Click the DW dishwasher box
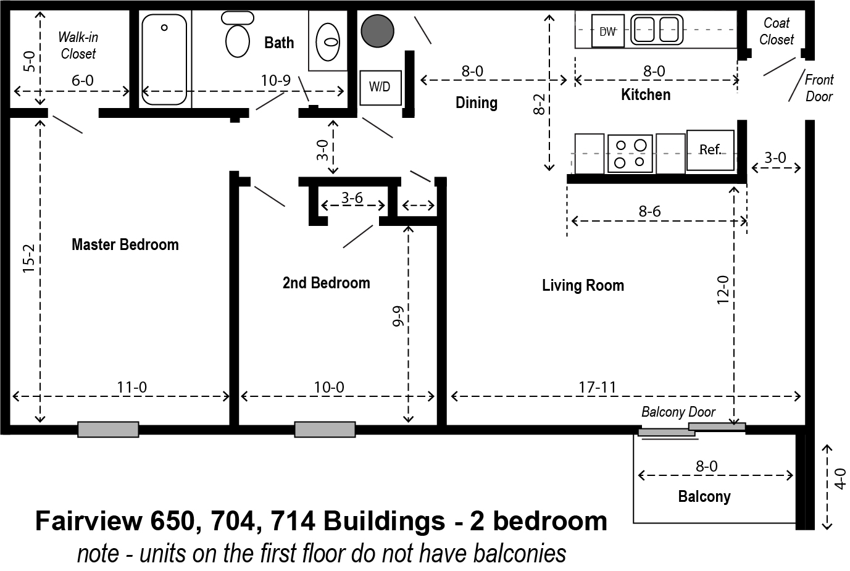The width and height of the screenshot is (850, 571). pos(607,31)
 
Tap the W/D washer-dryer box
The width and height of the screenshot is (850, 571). pos(380,88)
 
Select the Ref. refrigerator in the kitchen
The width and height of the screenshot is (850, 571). pos(710,150)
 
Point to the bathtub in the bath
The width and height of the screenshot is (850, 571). pos(164,59)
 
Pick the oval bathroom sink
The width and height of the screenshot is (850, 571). pos(328,42)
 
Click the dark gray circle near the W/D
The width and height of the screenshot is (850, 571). pos(377,31)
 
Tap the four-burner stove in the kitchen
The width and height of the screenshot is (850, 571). pos(630,154)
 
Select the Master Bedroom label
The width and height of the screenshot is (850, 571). pos(125,244)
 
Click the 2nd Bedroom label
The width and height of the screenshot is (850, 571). pos(327,283)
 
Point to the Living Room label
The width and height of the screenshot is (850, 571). pos(583,285)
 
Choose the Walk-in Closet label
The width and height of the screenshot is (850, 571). pos(78,46)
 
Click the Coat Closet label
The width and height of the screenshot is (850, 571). pos(777,31)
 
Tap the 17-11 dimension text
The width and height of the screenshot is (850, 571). pos(598,388)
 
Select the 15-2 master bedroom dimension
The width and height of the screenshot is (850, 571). pos(29,259)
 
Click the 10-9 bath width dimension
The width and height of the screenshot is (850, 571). pos(275,80)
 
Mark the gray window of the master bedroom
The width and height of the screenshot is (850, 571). pos(108,430)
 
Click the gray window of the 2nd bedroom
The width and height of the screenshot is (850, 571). pos(325,430)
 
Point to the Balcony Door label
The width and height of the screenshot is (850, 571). pos(678,412)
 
